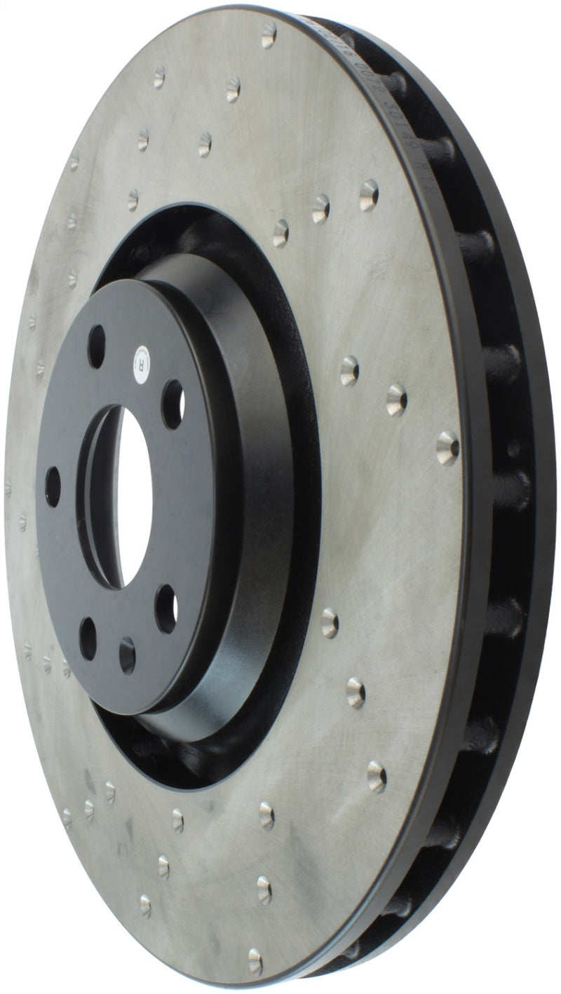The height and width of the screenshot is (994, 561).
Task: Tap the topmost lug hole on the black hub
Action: click(96, 346)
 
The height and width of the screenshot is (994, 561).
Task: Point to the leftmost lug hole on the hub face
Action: click(53, 486)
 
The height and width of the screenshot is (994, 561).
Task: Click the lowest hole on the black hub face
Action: click(127, 655)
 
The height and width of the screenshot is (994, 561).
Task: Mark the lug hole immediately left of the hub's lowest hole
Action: click(88, 637)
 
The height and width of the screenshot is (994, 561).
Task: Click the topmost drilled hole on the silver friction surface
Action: click(269, 34)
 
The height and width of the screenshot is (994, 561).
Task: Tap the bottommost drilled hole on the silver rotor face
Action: click(255, 960)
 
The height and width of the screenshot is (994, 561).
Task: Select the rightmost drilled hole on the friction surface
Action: click(447, 447)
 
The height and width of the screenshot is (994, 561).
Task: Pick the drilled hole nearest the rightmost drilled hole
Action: click(397, 400)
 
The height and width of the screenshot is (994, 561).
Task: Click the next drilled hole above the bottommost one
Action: click(264, 889)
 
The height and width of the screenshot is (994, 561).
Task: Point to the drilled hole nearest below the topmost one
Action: click(233, 89)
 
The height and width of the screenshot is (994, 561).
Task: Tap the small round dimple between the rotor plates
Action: click(513, 449)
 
